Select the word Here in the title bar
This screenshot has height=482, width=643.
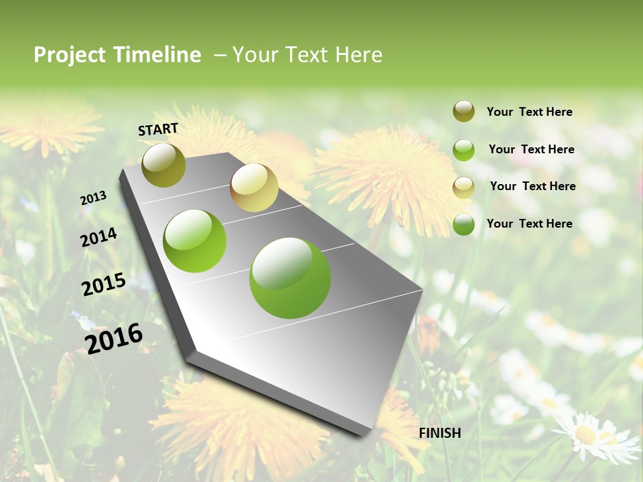358,55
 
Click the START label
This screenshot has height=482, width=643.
158,129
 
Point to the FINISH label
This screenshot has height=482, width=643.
440,433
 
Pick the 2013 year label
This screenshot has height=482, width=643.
93,198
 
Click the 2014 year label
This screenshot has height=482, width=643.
98,237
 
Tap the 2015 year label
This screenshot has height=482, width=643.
103,285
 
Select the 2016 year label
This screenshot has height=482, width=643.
114,338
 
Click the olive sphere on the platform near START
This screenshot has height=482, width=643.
164,165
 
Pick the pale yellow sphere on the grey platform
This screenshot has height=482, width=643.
254,187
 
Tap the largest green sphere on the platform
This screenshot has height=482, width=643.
289,278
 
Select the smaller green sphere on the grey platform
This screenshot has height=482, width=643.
195,241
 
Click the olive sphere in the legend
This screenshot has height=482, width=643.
463,112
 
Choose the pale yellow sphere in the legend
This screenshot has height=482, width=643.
463,187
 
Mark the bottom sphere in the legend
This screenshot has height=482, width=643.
463,224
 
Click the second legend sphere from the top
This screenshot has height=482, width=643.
463,150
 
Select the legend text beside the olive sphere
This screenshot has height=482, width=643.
529,112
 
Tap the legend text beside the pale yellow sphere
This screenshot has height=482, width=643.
532,186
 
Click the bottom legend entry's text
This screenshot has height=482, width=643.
529,224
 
